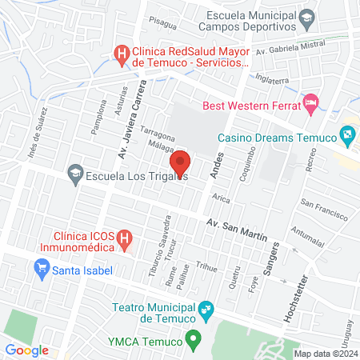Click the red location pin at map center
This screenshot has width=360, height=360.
pos(180,162)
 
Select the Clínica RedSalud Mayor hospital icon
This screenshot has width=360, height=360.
pos(122,54)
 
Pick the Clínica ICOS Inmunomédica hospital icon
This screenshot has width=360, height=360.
pos(124,238)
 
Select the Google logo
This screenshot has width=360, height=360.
pos(26,350)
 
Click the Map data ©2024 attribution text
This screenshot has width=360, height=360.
pos(325,354)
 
